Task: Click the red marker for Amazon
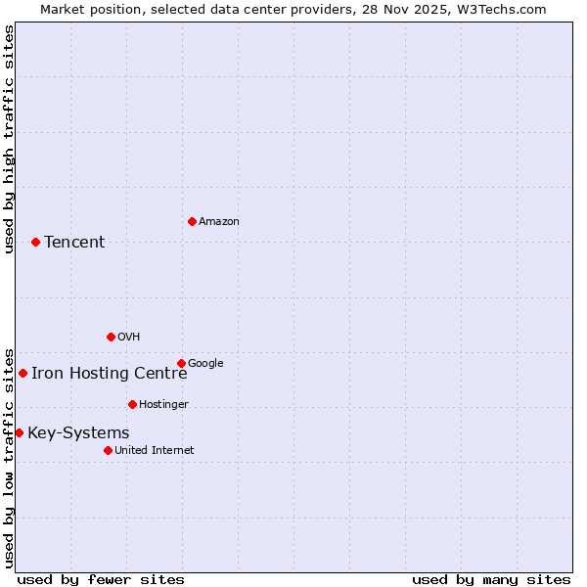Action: pos(192,221)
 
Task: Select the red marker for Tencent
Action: pos(35,242)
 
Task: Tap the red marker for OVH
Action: pos(111,337)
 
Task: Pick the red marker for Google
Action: pos(181,363)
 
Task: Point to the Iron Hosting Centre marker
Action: pos(23,373)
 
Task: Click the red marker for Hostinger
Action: pos(132,404)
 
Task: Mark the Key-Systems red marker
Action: pos(19,432)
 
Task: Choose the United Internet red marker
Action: pos(108,450)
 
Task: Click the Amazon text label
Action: pos(219,222)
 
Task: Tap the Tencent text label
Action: pos(74,243)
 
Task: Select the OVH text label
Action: pos(129,338)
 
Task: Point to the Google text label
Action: pos(205,364)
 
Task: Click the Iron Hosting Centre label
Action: pos(109,373)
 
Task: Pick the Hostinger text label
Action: pos(163,405)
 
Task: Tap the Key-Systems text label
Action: pos(78,433)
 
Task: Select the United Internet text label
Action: pos(154,451)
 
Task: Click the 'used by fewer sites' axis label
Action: pos(101,579)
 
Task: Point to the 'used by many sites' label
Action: pos(491,579)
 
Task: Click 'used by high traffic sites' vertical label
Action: pos(9,139)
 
